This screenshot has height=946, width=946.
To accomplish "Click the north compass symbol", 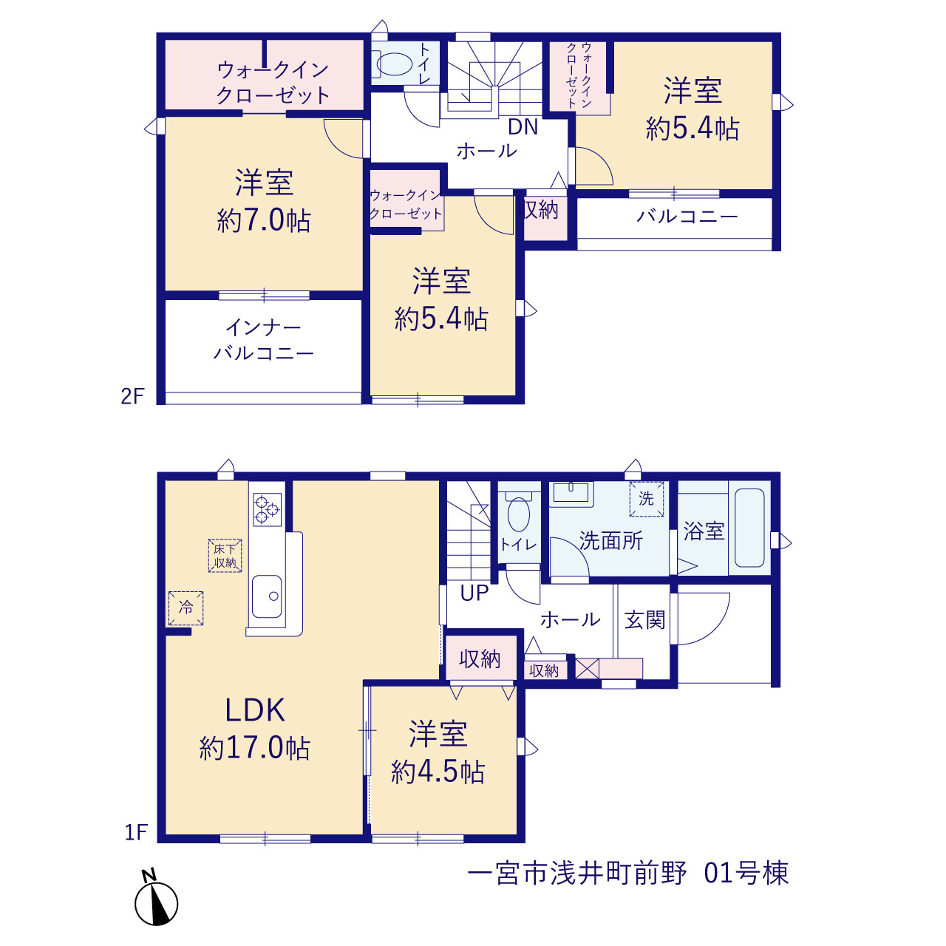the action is tap(156, 902).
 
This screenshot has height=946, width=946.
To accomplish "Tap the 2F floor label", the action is tap(132, 396).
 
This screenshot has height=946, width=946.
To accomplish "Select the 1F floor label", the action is tap(136, 832).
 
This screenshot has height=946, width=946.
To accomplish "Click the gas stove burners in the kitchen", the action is tap(267, 509).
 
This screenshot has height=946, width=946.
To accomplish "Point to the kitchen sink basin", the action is tap(267, 597).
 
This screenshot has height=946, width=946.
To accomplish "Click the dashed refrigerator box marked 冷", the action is tap(186, 608).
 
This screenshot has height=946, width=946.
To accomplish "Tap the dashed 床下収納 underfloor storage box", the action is tap(225, 556).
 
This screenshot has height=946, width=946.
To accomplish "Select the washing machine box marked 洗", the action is tap(647, 499).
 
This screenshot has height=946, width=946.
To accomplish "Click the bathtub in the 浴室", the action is tap(749, 528).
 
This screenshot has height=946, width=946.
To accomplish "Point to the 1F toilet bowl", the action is tap(518, 514).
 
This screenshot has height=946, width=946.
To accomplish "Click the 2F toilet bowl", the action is tap(395, 64).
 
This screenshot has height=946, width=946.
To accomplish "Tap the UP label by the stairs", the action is tap(474, 593).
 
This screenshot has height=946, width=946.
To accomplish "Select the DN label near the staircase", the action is tap(523, 127).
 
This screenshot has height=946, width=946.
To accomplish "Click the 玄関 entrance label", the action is tap(644, 620).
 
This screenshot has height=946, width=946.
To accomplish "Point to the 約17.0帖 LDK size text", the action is tap(255, 749).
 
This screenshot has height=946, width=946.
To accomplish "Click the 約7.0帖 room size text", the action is tap(264, 220).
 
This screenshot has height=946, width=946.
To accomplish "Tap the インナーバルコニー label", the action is tap(264, 340).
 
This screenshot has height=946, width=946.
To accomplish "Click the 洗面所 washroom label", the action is tap(611, 540).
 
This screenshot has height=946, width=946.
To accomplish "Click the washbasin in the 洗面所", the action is tap(571, 493).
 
